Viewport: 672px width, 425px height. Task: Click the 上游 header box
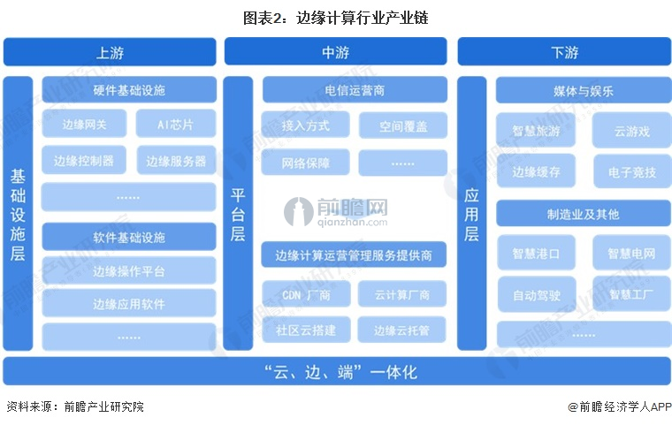[x=110, y=52]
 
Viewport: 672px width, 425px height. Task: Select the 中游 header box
[x=336, y=51]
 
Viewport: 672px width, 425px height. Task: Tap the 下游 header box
[x=564, y=51]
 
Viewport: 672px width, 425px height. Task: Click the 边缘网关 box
[x=84, y=124]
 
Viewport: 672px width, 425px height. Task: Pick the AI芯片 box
[x=176, y=124]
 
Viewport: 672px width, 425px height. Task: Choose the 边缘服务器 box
[x=176, y=161]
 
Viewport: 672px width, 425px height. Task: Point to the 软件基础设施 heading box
[x=129, y=237]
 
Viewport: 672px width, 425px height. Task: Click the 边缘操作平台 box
[x=129, y=270]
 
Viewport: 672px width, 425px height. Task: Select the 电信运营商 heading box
[x=355, y=90]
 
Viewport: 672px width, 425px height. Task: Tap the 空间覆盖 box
[x=403, y=125]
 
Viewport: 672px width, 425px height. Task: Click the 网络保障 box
[x=306, y=163]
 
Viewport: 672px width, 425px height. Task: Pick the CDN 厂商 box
[x=306, y=294]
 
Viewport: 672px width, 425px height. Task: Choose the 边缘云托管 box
[x=402, y=330]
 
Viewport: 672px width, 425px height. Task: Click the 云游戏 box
[x=631, y=131]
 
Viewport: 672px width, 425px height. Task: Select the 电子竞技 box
[x=632, y=171]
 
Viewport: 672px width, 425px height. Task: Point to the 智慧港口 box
[x=536, y=253]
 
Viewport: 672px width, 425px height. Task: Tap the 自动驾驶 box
[x=537, y=295]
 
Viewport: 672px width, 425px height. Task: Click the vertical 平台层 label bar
[x=238, y=213]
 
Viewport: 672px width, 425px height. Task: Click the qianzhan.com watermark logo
[x=336, y=212]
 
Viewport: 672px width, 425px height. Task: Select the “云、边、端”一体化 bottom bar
[x=336, y=371]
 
